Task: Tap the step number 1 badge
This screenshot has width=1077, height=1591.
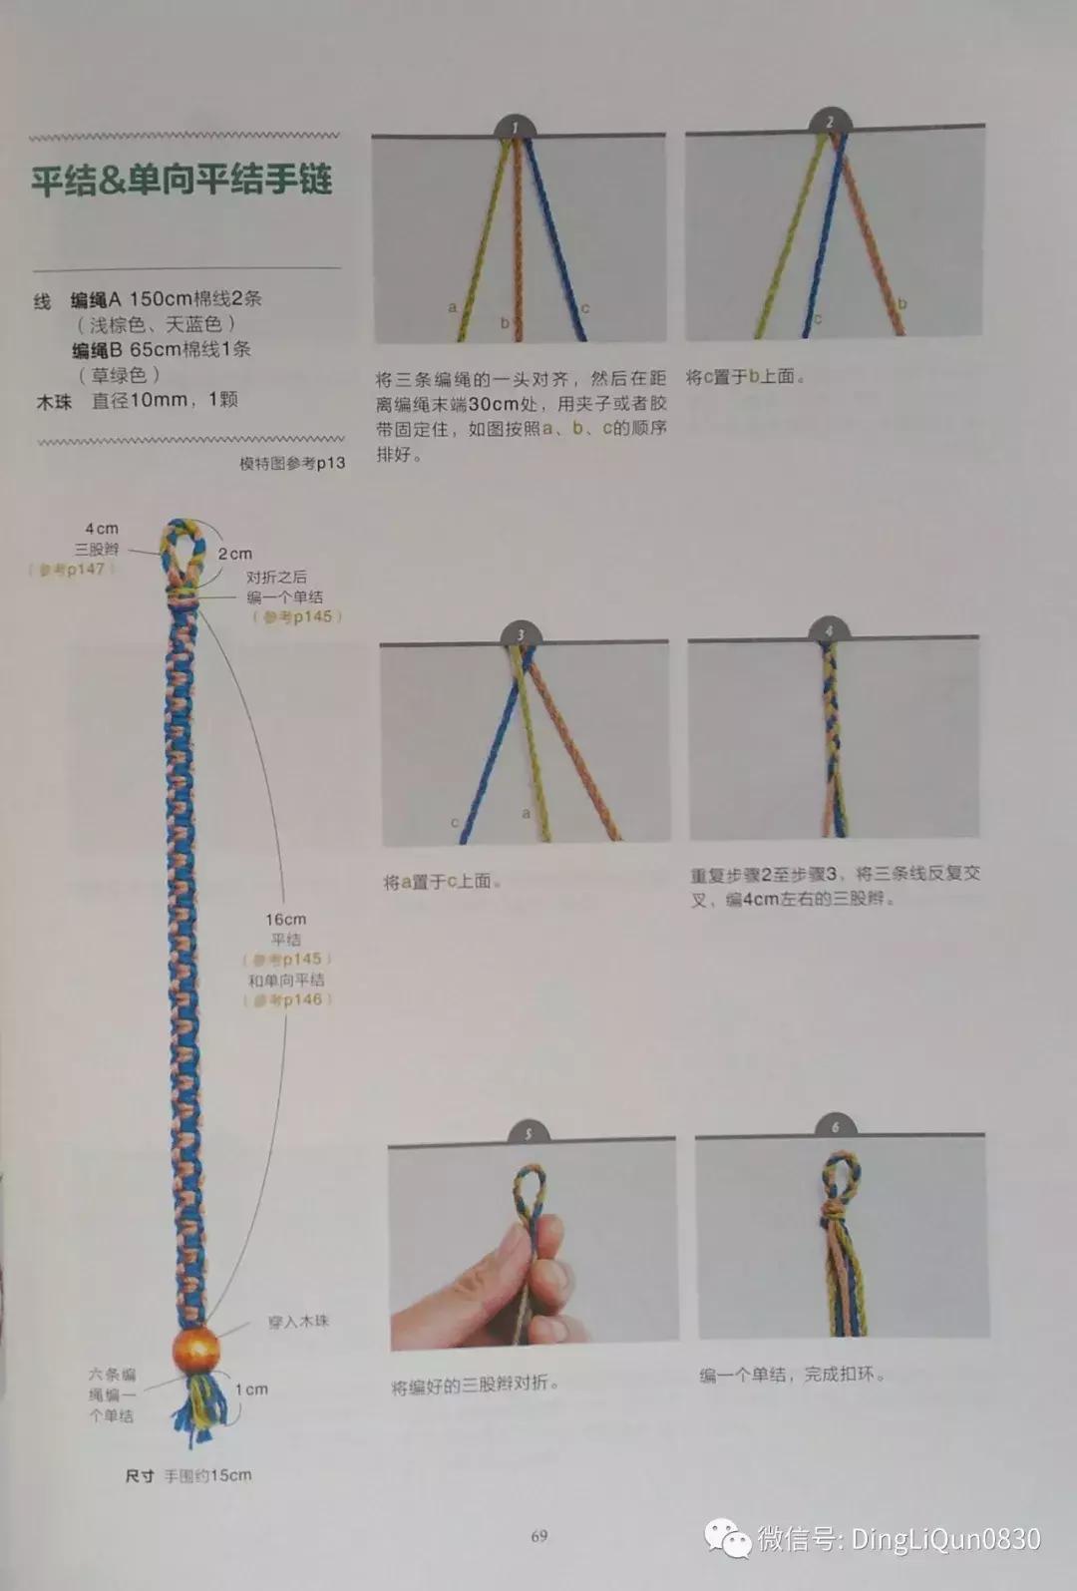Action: [x=515, y=127]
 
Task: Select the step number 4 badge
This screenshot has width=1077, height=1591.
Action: [x=828, y=630]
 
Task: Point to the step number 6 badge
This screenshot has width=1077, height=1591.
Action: [x=836, y=1126]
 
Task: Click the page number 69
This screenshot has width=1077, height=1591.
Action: [x=538, y=1535]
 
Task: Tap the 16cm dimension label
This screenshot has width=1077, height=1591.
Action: [x=285, y=919]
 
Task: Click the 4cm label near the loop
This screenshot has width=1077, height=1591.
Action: [x=102, y=529]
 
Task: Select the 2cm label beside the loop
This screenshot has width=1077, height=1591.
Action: [x=235, y=553]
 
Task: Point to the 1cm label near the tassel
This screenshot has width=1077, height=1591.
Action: [x=251, y=1389]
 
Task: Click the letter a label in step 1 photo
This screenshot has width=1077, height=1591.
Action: [x=452, y=307]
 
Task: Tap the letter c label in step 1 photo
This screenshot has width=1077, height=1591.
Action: [x=585, y=308]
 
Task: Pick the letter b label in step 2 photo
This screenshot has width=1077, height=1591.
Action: [x=902, y=303]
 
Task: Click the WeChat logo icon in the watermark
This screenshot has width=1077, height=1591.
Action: [x=728, y=1538]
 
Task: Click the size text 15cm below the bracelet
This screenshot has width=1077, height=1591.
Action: [x=229, y=1475]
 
